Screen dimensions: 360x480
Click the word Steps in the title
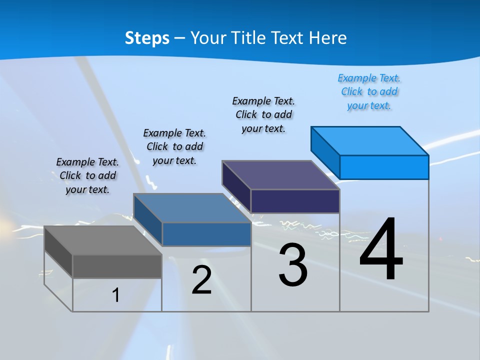click(x=147, y=38)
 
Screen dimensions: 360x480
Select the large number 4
click(x=381, y=250)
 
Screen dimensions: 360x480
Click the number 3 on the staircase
click(x=293, y=265)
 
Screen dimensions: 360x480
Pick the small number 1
click(x=115, y=295)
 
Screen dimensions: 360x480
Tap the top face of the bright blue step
click(x=370, y=140)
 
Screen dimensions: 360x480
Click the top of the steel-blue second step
click(x=192, y=208)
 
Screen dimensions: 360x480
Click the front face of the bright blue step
click(x=384, y=167)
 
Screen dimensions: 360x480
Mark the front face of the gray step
click(x=117, y=266)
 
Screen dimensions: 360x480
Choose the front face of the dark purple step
click(x=295, y=201)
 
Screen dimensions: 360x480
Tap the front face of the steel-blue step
click(x=206, y=234)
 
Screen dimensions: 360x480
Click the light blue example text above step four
click(x=369, y=92)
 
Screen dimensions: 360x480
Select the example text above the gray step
click(x=87, y=176)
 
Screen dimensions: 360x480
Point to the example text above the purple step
click(x=263, y=115)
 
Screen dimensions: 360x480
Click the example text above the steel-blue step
click(x=174, y=147)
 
